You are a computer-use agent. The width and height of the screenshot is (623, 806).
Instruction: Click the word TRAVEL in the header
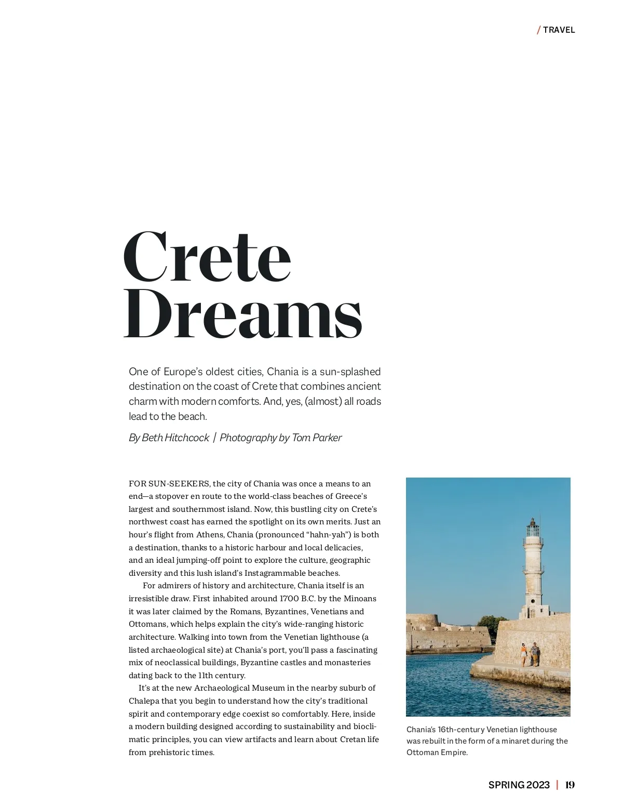pos(559,30)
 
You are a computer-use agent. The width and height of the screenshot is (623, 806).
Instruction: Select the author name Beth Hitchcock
pos(175,438)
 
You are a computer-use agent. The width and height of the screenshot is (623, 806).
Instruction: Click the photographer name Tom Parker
pos(317,438)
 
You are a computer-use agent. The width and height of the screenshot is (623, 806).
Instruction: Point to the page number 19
pos(570,785)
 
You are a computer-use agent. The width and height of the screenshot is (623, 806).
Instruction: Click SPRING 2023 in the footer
pos(519,785)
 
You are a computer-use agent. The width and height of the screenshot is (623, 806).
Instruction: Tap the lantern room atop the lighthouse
pos(533,529)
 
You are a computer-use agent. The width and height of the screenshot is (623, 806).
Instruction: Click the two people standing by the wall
pos(530,654)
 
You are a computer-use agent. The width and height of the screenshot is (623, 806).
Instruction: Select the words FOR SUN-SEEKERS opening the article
pos(169,484)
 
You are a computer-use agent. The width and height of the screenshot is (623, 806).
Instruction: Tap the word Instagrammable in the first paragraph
pos(273,573)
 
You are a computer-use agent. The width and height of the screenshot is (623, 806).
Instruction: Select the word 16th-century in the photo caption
pos(461,730)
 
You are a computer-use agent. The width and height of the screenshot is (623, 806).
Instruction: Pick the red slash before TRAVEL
pos(539,30)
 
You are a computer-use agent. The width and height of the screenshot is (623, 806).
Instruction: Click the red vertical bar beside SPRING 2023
pos(557,785)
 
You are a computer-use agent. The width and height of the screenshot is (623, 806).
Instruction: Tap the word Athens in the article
pos(209,535)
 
